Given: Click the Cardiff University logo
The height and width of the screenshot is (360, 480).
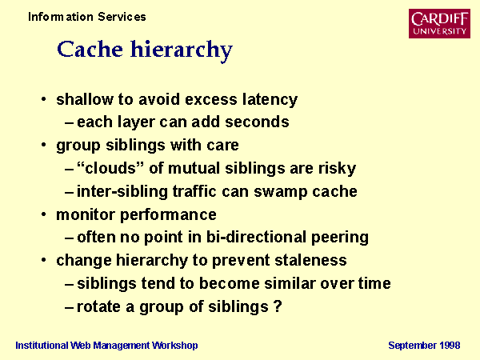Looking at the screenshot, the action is (439, 23).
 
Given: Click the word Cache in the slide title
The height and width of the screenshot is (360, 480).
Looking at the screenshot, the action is (90, 49).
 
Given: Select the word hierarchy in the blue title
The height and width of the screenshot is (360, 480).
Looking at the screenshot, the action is (182, 51).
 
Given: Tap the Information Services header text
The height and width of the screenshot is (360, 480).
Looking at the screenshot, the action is (87, 17).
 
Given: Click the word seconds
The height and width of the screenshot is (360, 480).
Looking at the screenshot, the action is (257, 122).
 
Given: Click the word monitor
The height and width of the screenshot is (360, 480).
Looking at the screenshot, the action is (86, 214).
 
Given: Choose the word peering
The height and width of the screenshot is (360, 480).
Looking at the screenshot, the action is (340, 238).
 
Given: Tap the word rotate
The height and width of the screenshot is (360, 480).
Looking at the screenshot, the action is (98, 306).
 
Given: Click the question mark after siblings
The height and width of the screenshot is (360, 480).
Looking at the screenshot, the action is (278, 306).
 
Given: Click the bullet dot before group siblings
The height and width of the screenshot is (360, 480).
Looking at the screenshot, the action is (44, 145).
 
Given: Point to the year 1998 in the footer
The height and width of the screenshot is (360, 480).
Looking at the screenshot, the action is (450, 346).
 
